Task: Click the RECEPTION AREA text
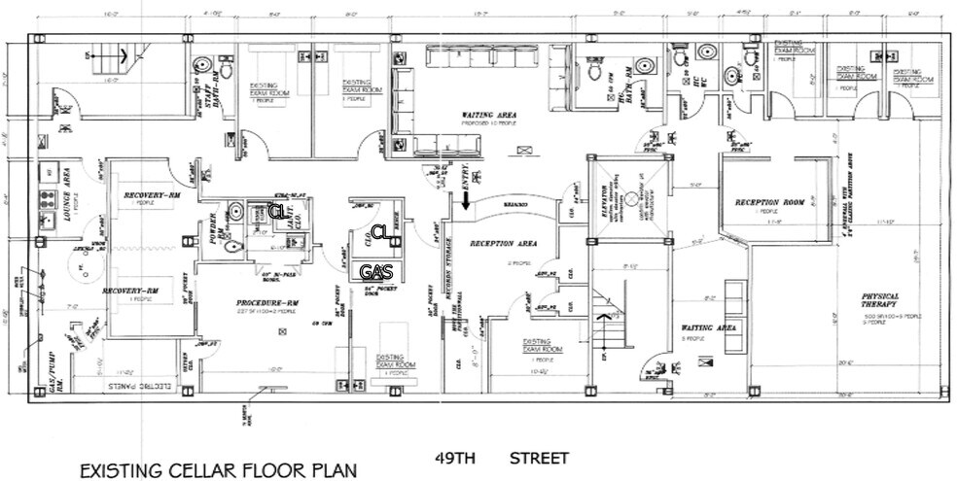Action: [498, 243]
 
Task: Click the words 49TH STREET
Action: [496, 457]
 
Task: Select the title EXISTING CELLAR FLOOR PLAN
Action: [218, 470]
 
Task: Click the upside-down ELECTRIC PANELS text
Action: [135, 387]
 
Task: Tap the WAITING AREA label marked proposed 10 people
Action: [488, 116]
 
